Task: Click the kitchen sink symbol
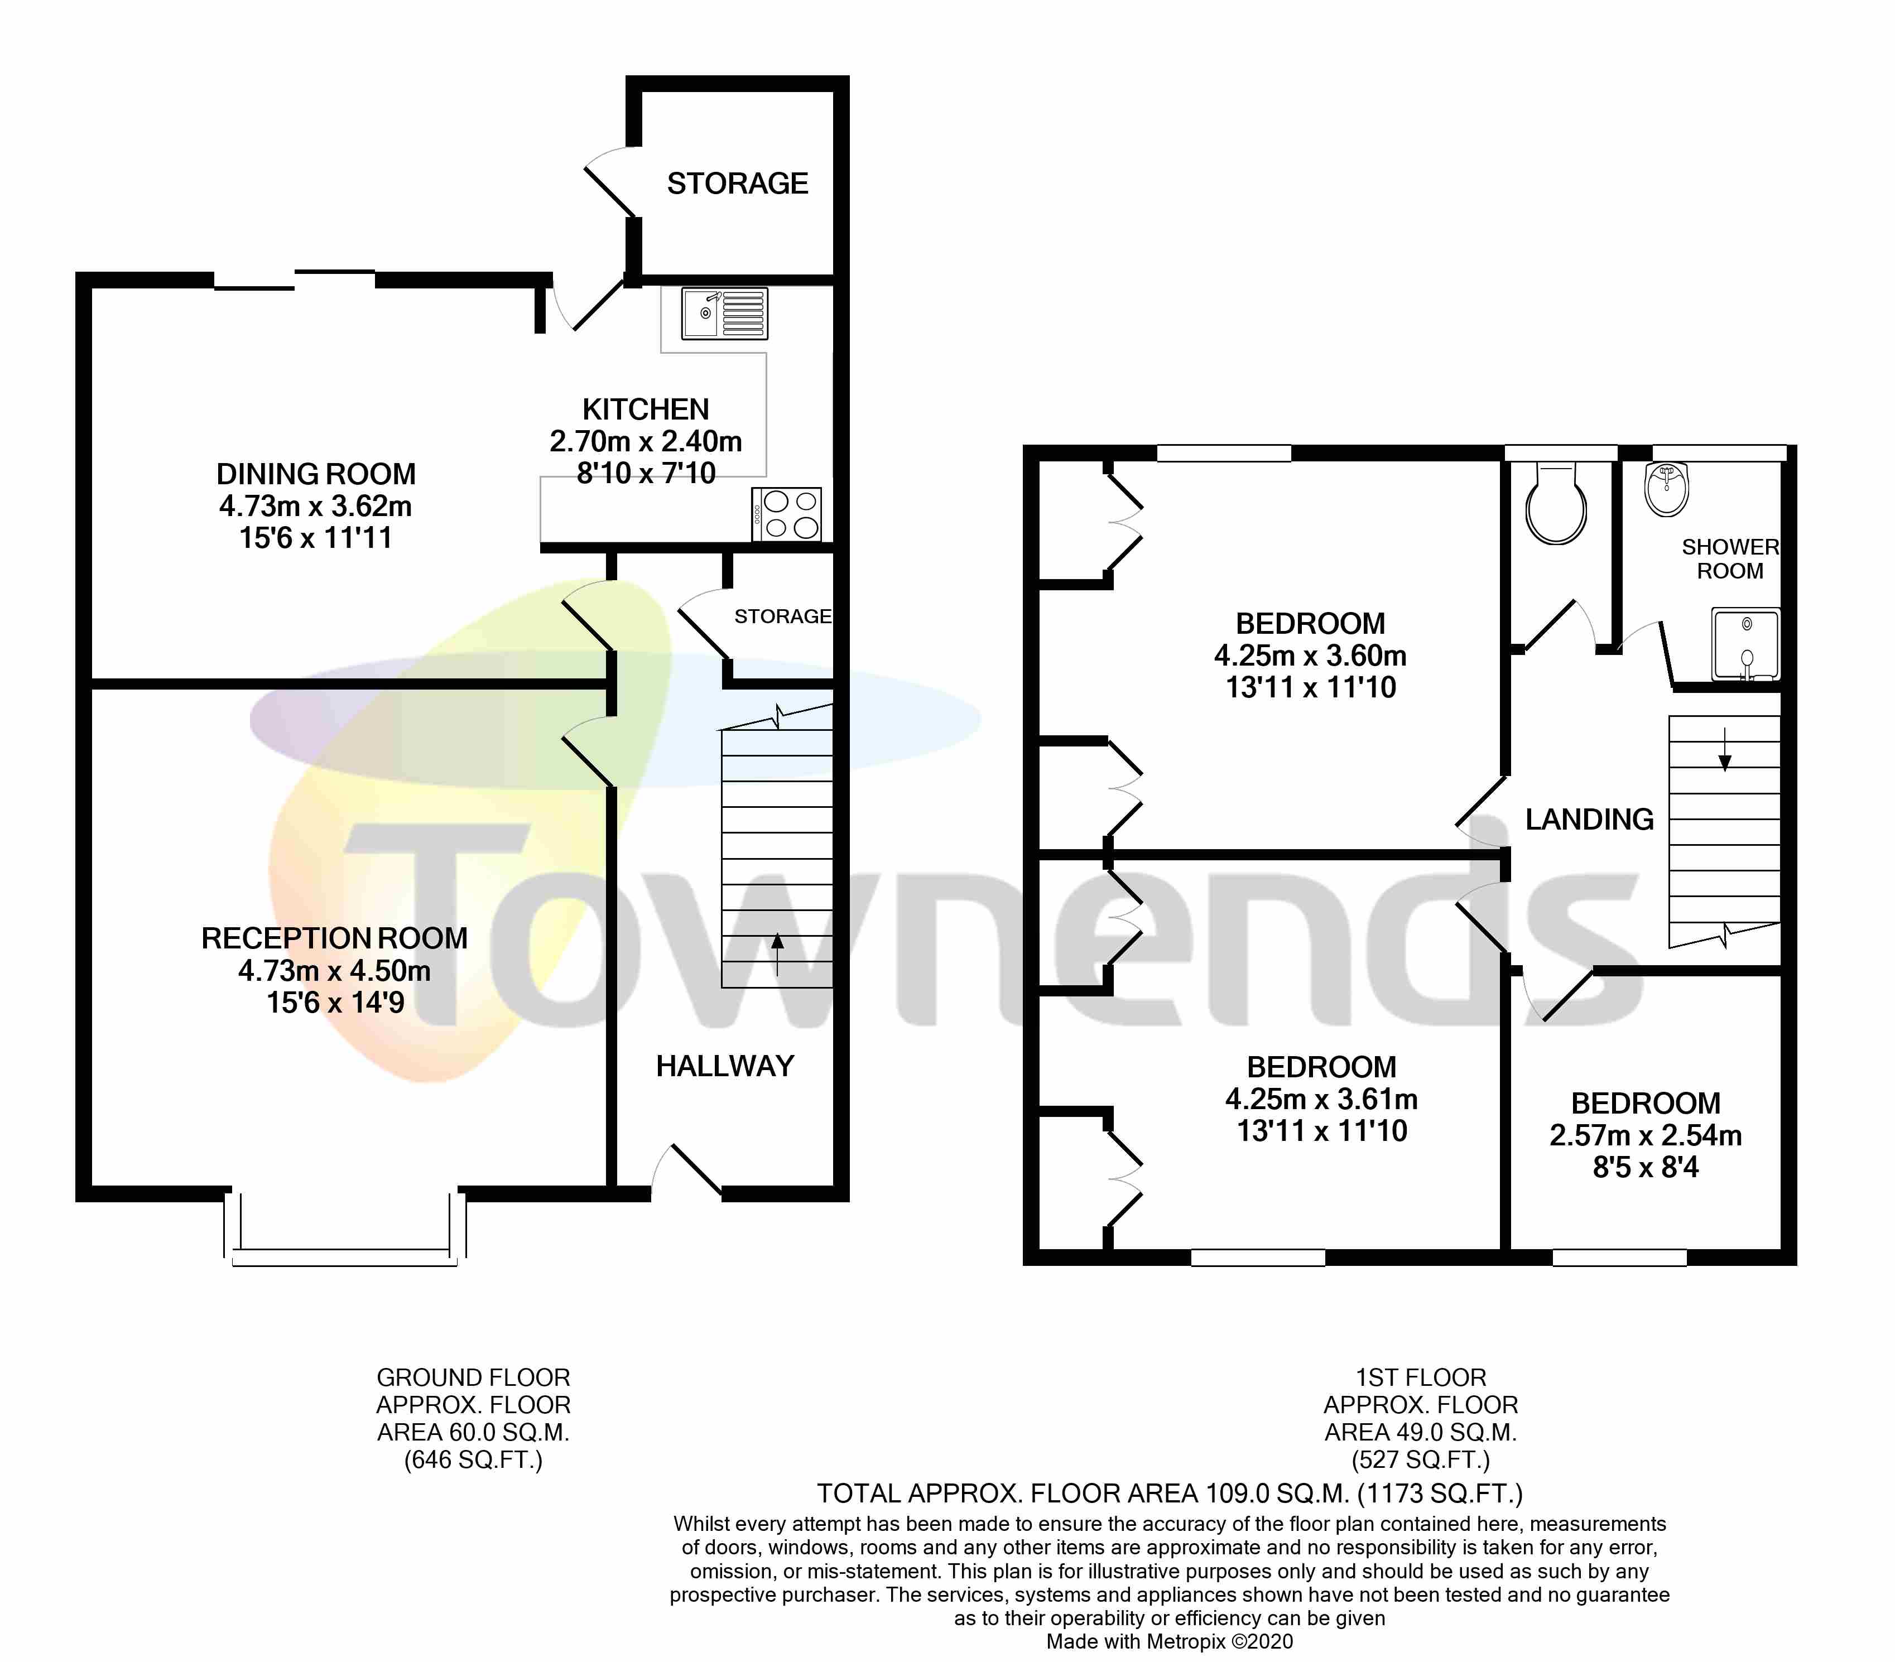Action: point(724,314)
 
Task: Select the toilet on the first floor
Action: point(1556,505)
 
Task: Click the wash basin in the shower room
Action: point(1667,489)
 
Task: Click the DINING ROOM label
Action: point(316,474)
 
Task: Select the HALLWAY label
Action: point(725,1066)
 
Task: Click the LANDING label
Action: point(1589,820)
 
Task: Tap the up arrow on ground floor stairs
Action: point(777,955)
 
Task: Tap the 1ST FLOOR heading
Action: point(1420,1377)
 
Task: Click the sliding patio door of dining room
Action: point(295,280)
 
